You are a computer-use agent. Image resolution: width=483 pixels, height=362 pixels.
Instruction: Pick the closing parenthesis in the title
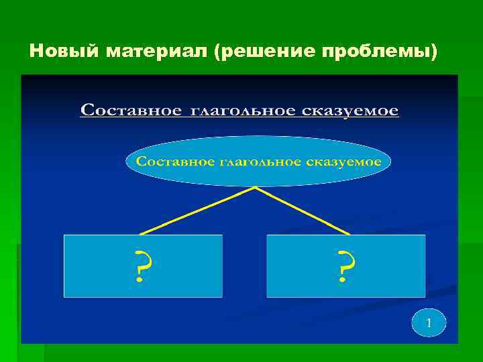(434, 51)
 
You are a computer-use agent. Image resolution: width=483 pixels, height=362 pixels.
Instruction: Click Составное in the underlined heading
(131, 110)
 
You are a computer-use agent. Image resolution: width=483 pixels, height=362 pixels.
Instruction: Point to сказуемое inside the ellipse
(345, 162)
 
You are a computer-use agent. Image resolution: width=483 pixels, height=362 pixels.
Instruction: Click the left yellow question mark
(142, 266)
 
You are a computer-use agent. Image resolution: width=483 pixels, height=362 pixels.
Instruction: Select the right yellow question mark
(345, 266)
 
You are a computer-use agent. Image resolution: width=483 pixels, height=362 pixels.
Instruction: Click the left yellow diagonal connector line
(198, 210)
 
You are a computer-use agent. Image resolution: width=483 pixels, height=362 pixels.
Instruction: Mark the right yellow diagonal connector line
(302, 210)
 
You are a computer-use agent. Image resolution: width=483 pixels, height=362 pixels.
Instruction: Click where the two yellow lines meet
(255, 188)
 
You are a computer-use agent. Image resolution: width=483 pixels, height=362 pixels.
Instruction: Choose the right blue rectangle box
(389, 266)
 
